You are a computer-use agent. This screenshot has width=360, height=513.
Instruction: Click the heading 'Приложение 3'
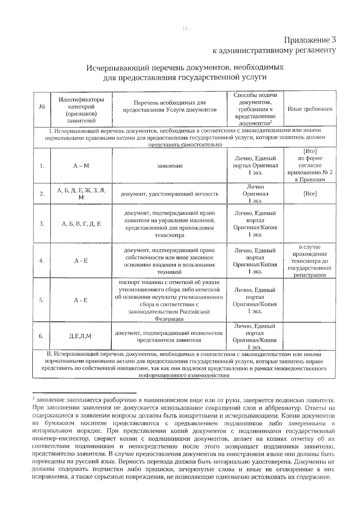click(310, 40)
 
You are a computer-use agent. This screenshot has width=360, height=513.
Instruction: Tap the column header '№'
click(42, 107)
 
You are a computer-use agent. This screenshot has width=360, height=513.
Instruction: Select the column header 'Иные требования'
click(310, 109)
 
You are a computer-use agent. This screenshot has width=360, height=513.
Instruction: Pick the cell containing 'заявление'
click(170, 166)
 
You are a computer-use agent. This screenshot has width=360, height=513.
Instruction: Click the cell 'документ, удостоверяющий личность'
click(169, 194)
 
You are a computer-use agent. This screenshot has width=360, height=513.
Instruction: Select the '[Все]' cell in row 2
click(310, 194)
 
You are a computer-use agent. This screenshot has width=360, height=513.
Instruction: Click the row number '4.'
click(42, 261)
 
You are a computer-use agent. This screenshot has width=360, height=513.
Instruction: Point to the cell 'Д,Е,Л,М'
click(80, 336)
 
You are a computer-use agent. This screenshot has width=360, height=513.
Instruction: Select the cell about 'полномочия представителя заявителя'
click(169, 336)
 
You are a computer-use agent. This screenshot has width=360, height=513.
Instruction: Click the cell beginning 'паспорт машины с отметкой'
click(169, 300)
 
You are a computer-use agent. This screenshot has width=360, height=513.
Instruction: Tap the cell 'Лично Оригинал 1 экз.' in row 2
click(255, 194)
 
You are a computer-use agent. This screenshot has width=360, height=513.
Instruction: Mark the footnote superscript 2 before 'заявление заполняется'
click(34, 399)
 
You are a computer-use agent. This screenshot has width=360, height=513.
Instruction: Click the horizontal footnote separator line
click(84, 393)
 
